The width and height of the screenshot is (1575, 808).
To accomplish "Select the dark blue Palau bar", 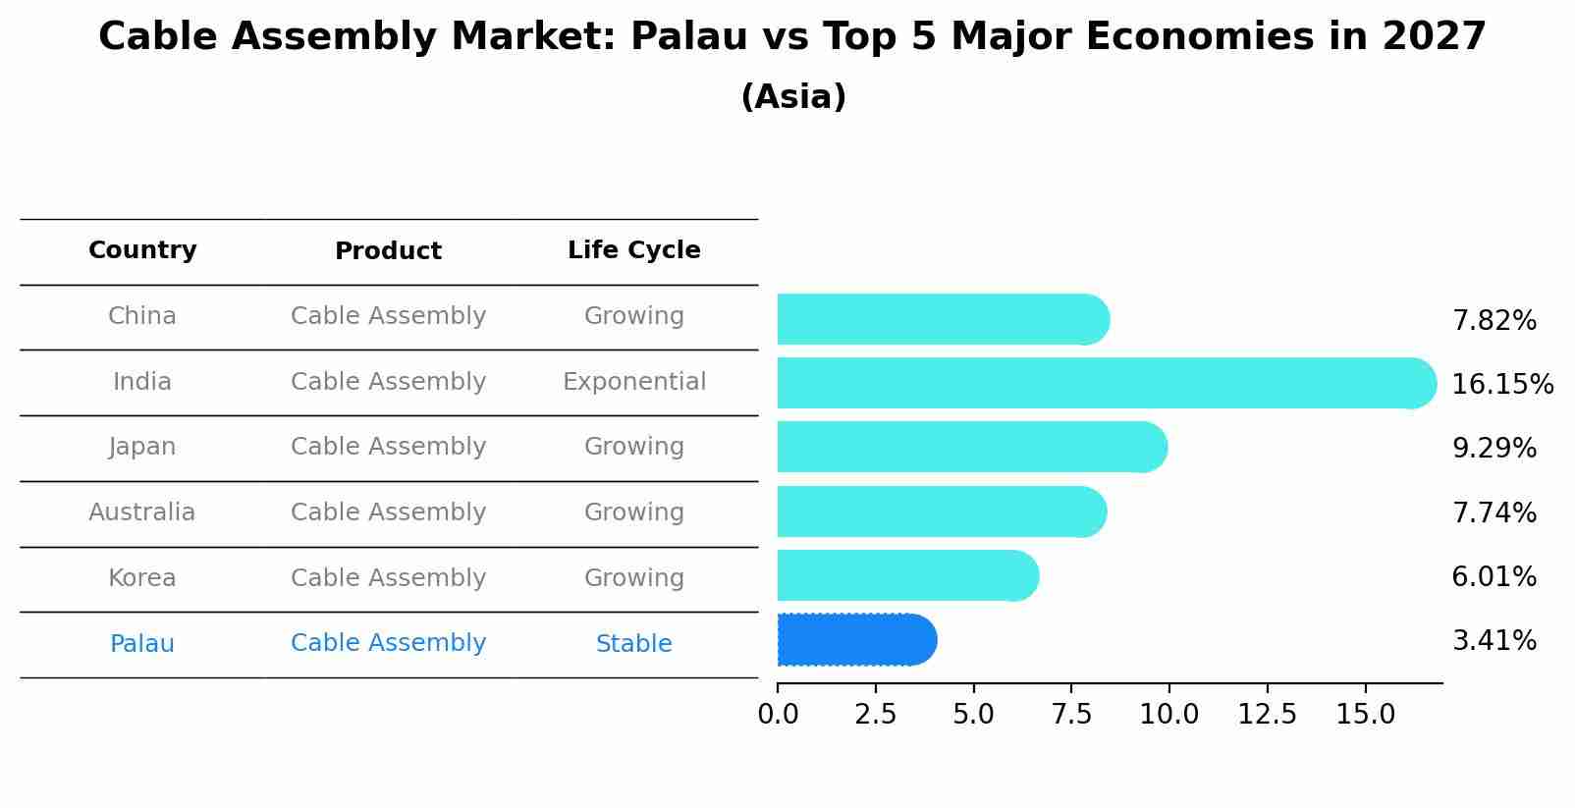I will coord(854,640).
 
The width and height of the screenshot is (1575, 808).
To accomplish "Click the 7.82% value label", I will coord(1494,321).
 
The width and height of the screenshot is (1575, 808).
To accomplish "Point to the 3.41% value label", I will coord(1494,641).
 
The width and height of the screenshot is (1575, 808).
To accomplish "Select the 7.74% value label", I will coord(1494,512).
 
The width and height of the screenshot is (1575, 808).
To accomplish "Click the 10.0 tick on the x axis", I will coord(1168,715).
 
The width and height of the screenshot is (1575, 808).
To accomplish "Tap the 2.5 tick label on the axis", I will coord(875,715).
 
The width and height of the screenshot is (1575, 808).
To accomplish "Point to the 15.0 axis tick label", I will coord(1365,715).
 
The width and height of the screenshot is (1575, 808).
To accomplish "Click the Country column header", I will coord(142,250).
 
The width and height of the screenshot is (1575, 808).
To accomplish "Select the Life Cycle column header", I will coord(633,250).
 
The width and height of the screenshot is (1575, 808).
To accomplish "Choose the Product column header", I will coord(388,251).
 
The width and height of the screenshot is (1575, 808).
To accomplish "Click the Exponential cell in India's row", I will coord(633,382).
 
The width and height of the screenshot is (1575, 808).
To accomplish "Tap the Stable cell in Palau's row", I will coord(633,644).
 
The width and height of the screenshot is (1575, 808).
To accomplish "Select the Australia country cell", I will coord(142,512).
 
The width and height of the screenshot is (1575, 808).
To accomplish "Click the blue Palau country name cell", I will coord(142,644).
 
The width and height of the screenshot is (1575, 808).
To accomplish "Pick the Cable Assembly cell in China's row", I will coord(388,316).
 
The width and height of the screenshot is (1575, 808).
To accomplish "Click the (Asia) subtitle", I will coord(793,97).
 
